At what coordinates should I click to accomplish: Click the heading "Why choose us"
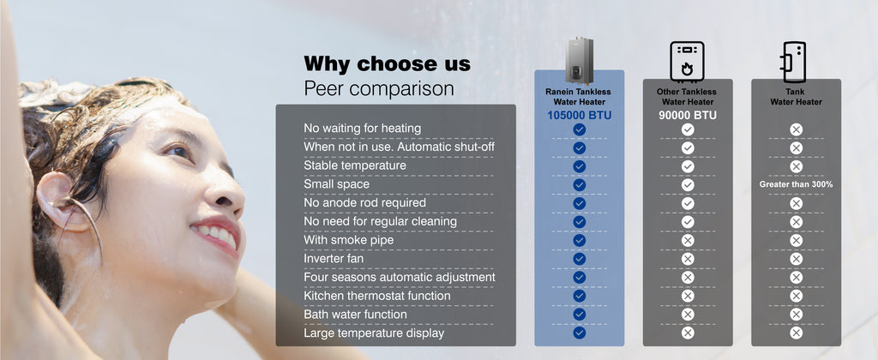pyautogui.click(x=387, y=63)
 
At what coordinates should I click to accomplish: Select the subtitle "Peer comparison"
pyautogui.click(x=378, y=89)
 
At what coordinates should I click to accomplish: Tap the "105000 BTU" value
pyautogui.click(x=579, y=116)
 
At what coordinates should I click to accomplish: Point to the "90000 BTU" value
pyautogui.click(x=688, y=116)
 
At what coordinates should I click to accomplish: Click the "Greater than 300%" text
pyautogui.click(x=796, y=184)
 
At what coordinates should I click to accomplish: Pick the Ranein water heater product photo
pyautogui.click(x=579, y=61)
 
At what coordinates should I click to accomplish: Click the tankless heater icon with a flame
pyautogui.click(x=687, y=61)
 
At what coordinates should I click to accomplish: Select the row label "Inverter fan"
pyautogui.click(x=334, y=259)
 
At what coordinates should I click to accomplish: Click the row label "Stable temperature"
pyautogui.click(x=354, y=165)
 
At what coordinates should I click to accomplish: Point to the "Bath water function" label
pyautogui.click(x=356, y=315)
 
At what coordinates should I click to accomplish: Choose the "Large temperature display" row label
pyautogui.click(x=374, y=333)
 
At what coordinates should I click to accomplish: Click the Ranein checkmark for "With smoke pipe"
pyautogui.click(x=579, y=240)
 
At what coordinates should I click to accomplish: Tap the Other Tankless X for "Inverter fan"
pyautogui.click(x=688, y=259)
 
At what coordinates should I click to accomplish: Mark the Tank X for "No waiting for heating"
pyautogui.click(x=796, y=130)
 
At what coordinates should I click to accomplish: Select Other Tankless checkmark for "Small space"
pyautogui.click(x=688, y=185)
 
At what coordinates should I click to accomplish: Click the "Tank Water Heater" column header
pyautogui.click(x=796, y=97)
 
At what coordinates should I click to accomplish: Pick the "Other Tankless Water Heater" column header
pyautogui.click(x=688, y=97)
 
